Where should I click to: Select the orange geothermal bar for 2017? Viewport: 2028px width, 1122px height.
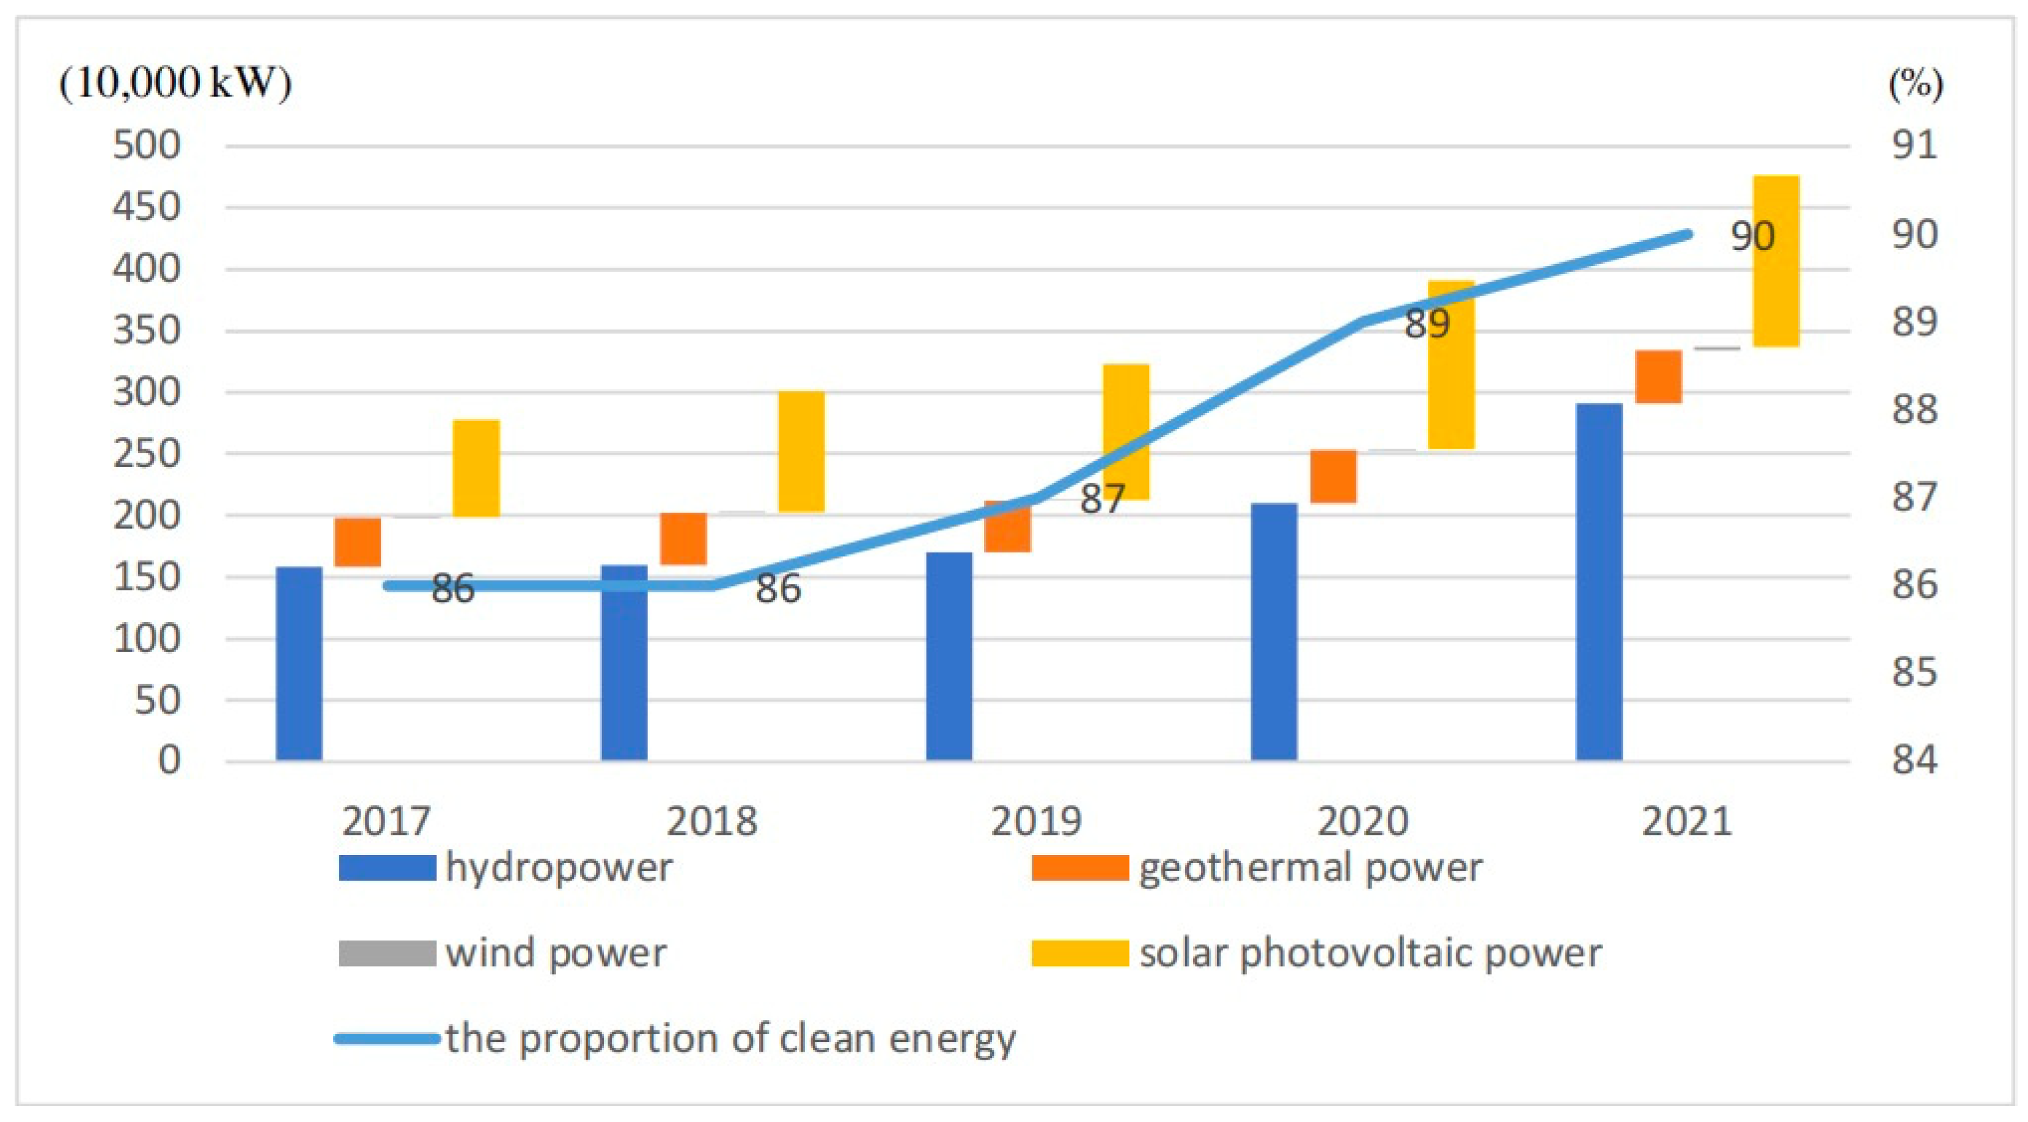click(x=358, y=541)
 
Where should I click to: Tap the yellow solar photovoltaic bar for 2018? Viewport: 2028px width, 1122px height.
click(x=801, y=451)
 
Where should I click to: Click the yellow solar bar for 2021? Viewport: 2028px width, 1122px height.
click(x=1776, y=260)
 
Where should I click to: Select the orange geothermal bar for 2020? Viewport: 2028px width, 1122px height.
click(x=1333, y=475)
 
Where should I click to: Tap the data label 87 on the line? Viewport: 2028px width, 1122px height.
click(x=1102, y=499)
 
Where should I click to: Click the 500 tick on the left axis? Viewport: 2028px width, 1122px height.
click(x=147, y=145)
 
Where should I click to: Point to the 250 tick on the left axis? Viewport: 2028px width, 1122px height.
click(x=147, y=453)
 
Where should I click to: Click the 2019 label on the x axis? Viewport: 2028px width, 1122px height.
click(x=1036, y=822)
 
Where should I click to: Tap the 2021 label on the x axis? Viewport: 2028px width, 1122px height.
click(x=1686, y=822)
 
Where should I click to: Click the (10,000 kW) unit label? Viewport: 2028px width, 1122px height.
click(x=175, y=82)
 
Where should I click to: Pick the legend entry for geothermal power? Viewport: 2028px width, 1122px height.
click(x=1310, y=868)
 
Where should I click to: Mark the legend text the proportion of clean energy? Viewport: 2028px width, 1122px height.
click(x=730, y=1038)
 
